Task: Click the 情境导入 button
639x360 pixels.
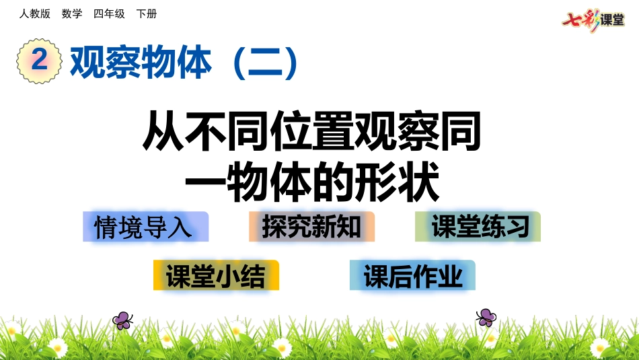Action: click(x=145, y=227)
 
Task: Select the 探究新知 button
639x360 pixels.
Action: click(x=311, y=227)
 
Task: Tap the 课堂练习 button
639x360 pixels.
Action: click(x=478, y=227)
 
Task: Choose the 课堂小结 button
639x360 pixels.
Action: click(x=216, y=275)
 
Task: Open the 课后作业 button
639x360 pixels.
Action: click(x=412, y=275)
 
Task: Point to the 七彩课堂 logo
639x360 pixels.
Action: click(x=593, y=20)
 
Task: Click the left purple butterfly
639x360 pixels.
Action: click(x=122, y=320)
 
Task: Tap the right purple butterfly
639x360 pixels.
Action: click(x=486, y=317)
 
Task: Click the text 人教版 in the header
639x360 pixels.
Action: click(x=35, y=13)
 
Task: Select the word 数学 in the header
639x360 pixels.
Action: click(x=72, y=13)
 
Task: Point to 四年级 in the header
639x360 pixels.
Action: click(x=109, y=13)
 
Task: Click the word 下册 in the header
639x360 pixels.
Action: click(x=146, y=13)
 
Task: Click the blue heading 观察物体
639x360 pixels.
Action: click(x=141, y=63)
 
